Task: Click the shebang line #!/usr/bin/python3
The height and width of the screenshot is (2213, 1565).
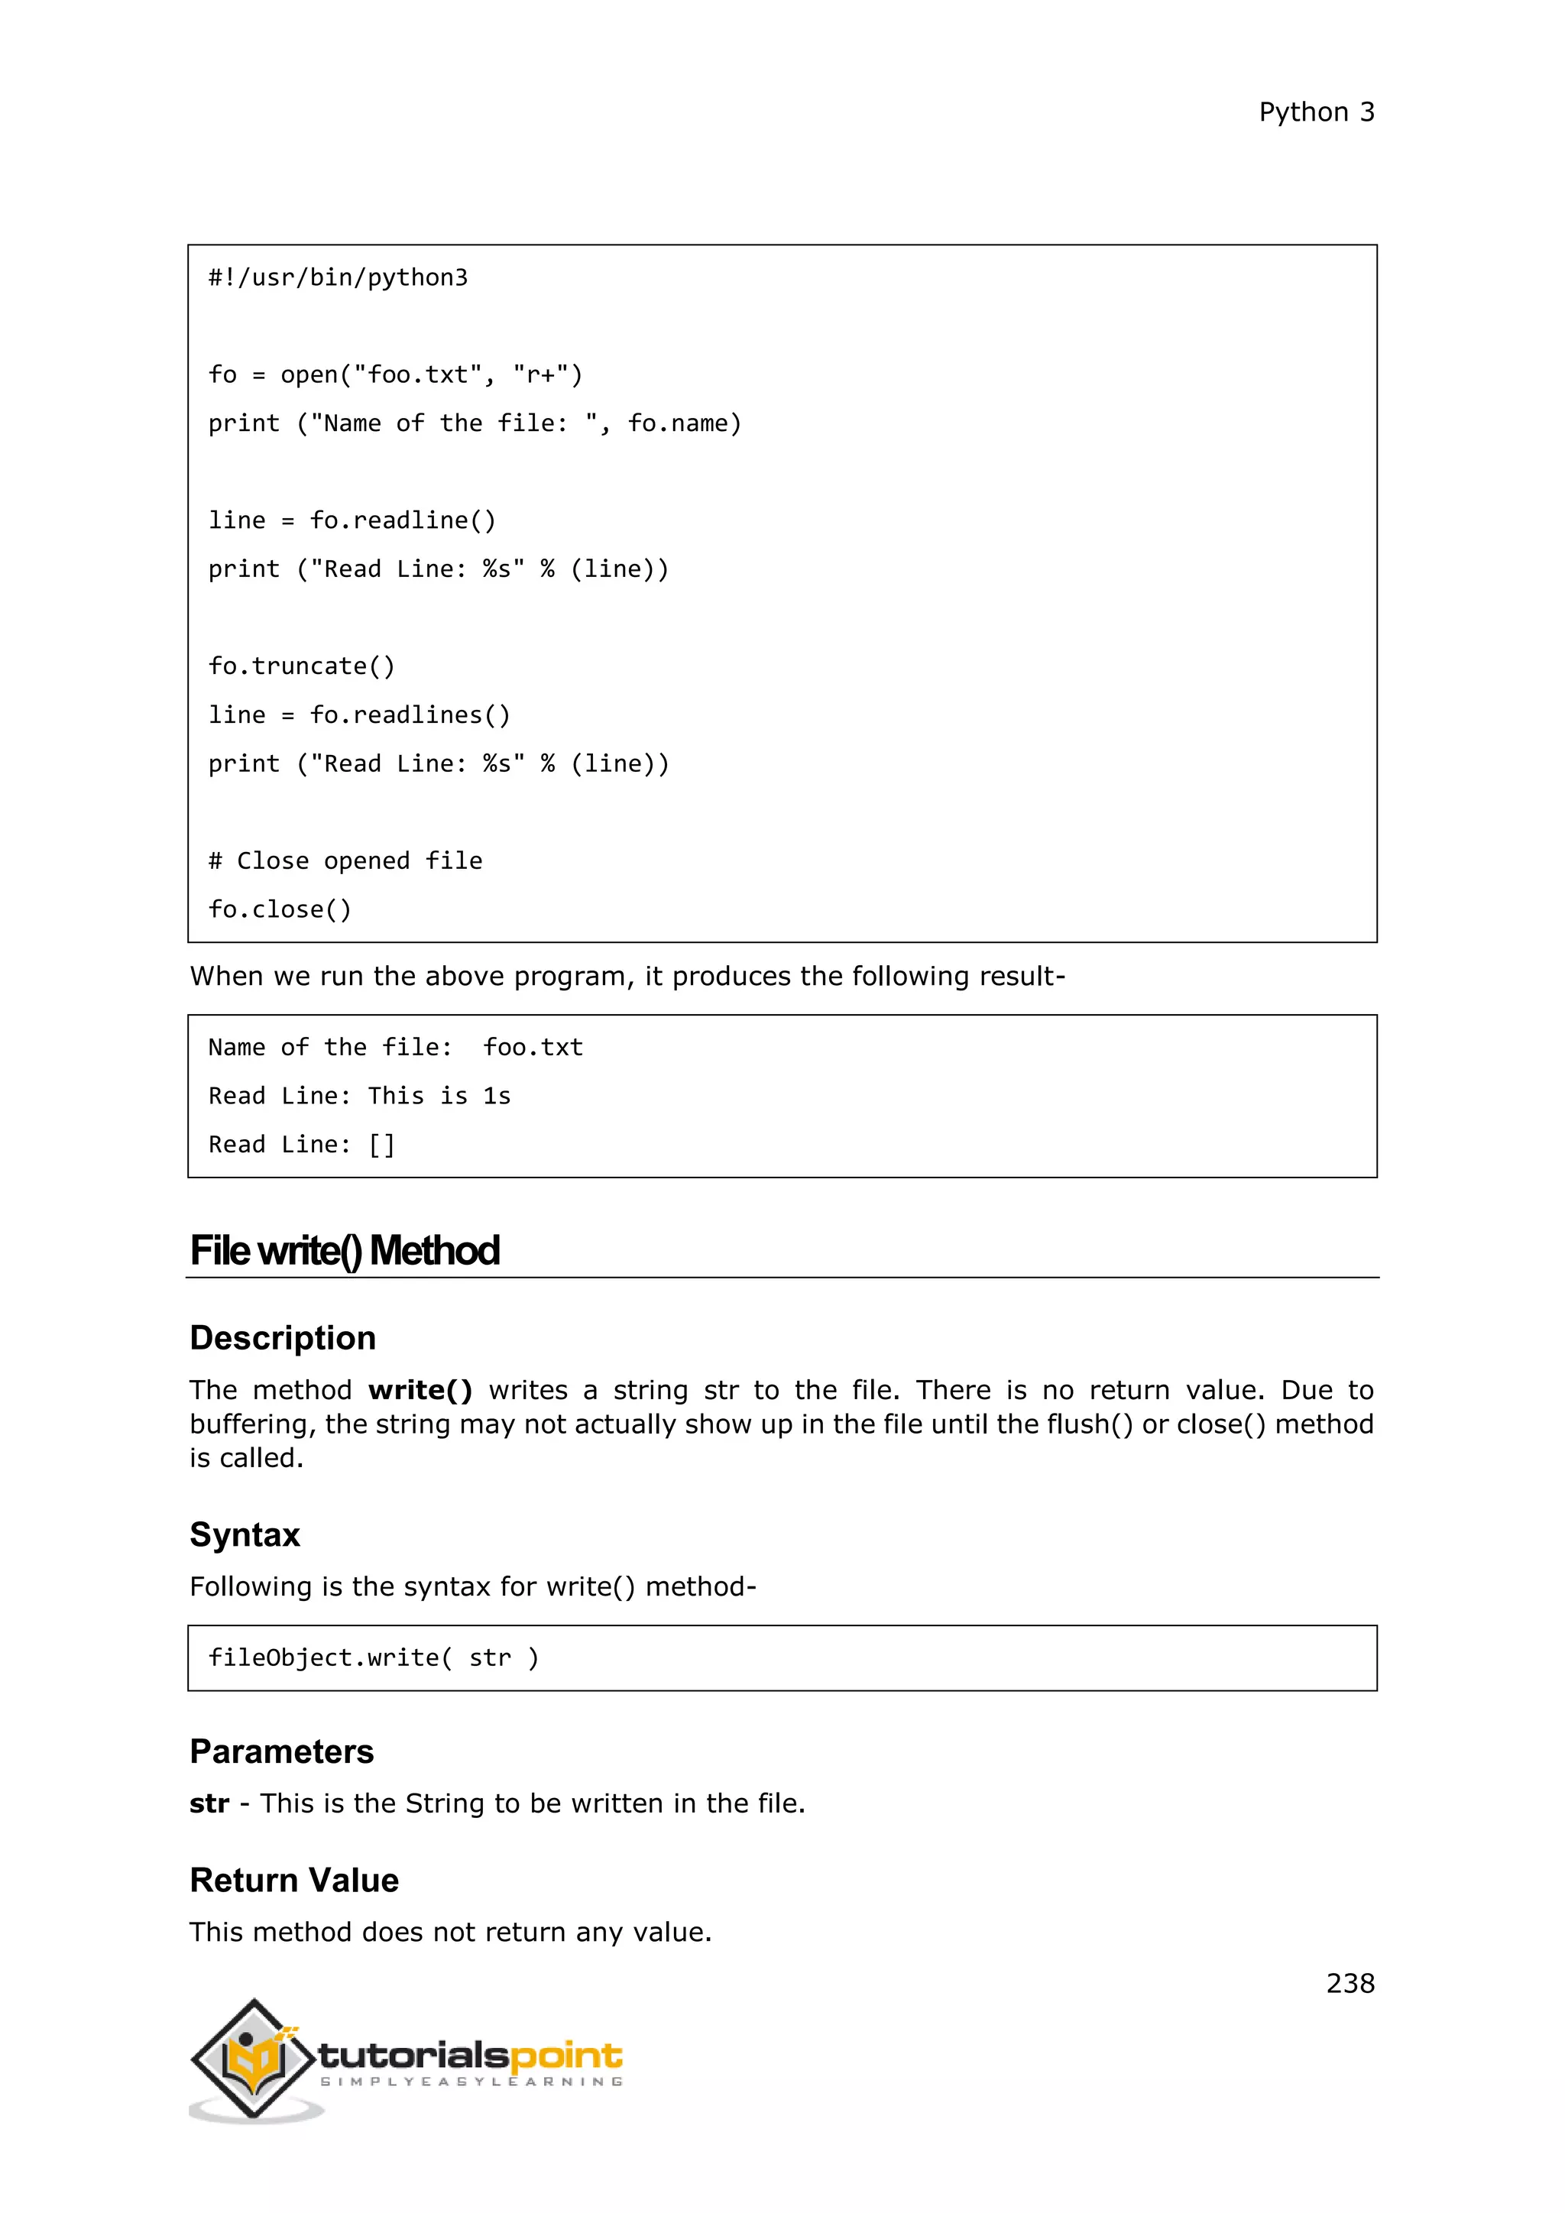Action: pyautogui.click(x=339, y=277)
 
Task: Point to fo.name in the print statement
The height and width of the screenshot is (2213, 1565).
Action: pyautogui.click(x=683, y=423)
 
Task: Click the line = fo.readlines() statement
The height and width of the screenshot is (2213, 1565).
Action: pyautogui.click(x=359, y=715)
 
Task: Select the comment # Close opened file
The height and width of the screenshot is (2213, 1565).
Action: pyautogui.click(x=345, y=860)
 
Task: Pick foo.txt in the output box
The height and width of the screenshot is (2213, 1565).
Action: pyautogui.click(x=533, y=1048)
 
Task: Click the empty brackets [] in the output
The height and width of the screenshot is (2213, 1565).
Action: pyautogui.click(x=381, y=1145)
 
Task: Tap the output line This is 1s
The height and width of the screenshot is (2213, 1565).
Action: pyautogui.click(x=439, y=1096)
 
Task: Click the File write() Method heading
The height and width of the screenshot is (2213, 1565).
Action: pyautogui.click(x=344, y=1251)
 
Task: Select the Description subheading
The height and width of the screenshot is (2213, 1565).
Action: pyautogui.click(x=282, y=1338)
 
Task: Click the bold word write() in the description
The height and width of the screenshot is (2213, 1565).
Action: pyautogui.click(x=420, y=1390)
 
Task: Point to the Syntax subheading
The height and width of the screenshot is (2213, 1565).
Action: pyautogui.click(x=245, y=1534)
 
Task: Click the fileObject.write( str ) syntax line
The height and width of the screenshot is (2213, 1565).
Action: pyautogui.click(x=374, y=1657)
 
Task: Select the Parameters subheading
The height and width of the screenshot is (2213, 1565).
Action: pyautogui.click(x=281, y=1751)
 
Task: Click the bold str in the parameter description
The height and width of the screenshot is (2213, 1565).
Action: pyautogui.click(x=209, y=1803)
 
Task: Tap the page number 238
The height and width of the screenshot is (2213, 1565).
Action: pyautogui.click(x=1350, y=1983)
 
